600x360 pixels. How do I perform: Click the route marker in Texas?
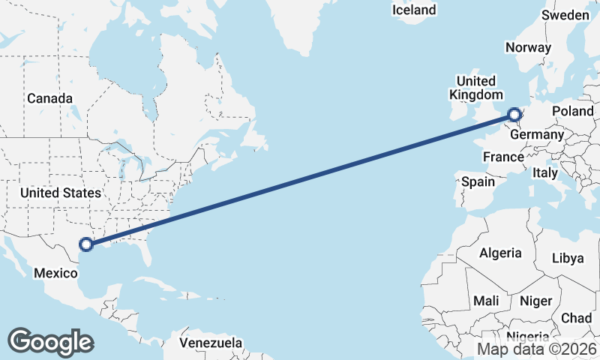86,244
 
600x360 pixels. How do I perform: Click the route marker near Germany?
514,115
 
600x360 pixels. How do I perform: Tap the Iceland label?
414,10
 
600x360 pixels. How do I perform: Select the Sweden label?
565,15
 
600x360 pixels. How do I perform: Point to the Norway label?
528,47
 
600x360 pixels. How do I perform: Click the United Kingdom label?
476,88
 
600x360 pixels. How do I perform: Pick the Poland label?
572,111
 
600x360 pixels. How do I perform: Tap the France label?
502,157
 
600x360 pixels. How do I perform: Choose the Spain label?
478,181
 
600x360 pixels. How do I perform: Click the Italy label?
545,172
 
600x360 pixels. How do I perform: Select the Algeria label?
500,253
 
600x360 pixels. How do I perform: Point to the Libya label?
567,258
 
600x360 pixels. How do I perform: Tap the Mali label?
486,301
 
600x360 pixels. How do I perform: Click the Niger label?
535,301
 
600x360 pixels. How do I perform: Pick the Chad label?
575,318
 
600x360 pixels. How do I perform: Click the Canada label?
49,98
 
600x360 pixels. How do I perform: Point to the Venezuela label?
211,343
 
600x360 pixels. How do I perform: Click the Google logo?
50,342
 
